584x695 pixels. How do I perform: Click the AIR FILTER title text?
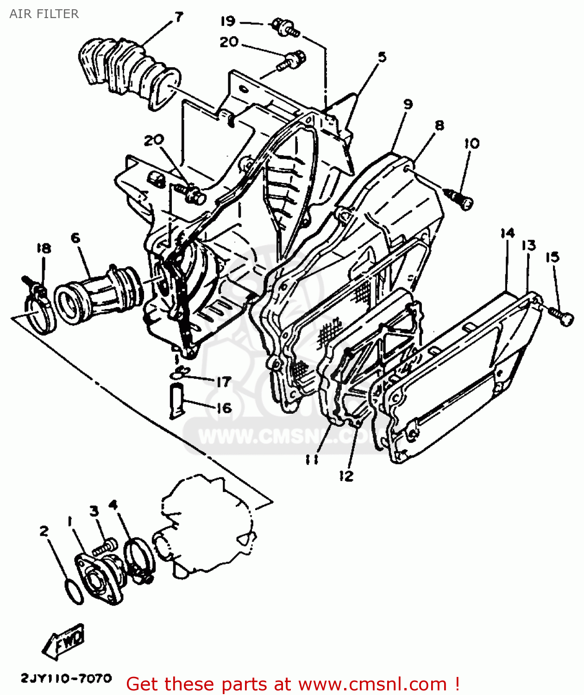44,14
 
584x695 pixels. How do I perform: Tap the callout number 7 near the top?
178,18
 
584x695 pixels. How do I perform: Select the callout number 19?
228,21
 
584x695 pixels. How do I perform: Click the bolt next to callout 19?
283,26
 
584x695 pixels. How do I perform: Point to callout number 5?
382,57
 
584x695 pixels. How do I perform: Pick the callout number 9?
408,104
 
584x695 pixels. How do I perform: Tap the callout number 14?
508,233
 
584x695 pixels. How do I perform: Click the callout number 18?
44,248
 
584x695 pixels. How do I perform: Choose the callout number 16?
224,408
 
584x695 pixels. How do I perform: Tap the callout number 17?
224,382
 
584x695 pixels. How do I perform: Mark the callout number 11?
312,459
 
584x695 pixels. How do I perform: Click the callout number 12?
346,476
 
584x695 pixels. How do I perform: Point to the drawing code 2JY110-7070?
66,679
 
